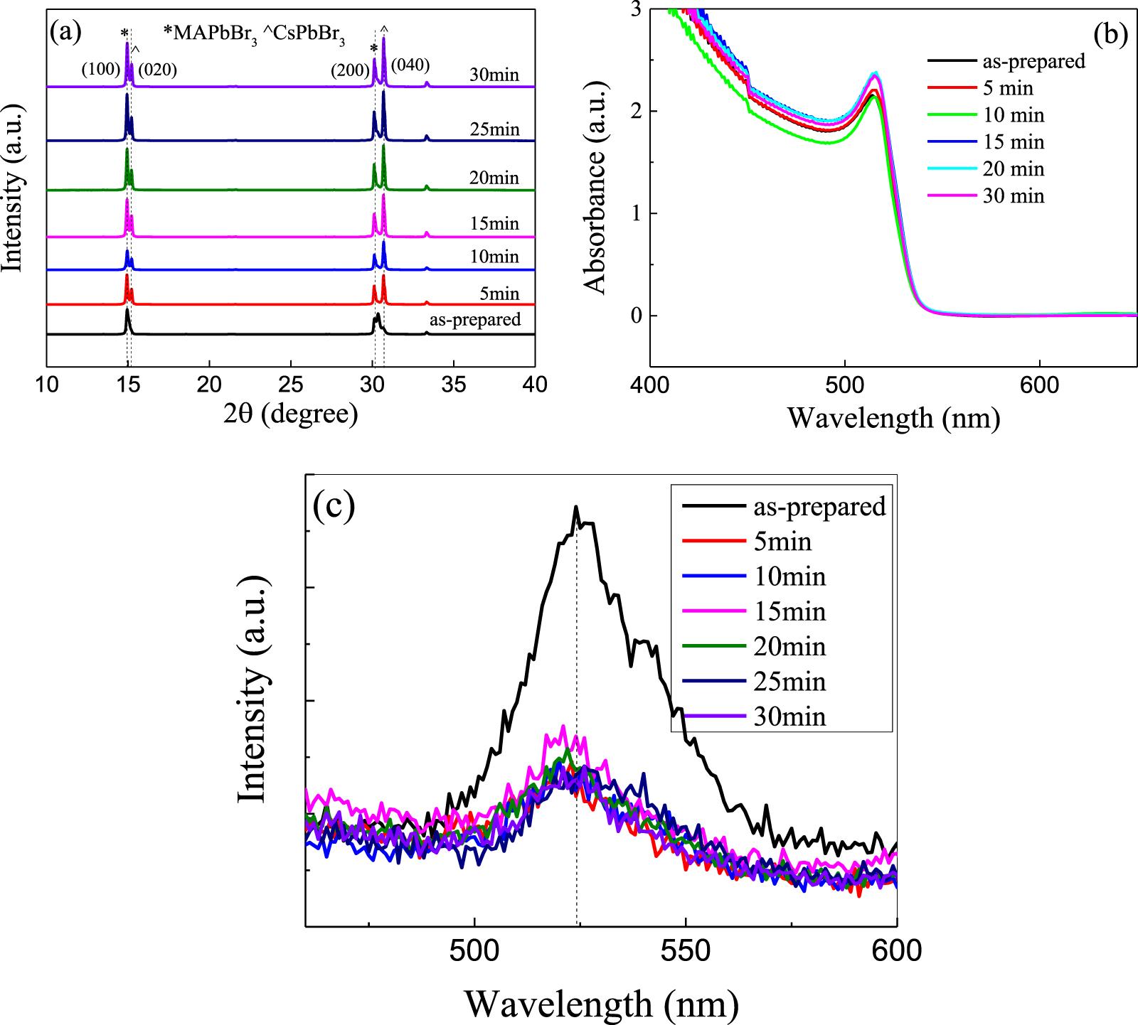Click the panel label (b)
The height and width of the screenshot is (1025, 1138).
click(x=1110, y=33)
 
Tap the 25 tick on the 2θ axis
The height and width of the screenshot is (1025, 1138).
click(x=290, y=385)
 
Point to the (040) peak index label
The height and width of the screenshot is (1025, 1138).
click(x=410, y=65)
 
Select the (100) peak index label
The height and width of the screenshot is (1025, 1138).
click(x=100, y=69)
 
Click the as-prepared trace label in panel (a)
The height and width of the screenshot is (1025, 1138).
click(x=475, y=319)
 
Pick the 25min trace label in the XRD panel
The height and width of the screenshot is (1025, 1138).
click(x=494, y=129)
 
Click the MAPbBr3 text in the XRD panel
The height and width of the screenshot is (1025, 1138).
click(x=211, y=33)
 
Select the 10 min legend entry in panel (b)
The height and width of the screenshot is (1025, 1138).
click(x=1014, y=115)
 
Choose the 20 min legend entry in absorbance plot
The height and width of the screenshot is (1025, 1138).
click(x=1014, y=169)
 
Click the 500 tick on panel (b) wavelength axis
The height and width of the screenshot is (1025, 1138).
click(x=844, y=385)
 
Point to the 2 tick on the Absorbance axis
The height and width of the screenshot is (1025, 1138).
click(x=636, y=112)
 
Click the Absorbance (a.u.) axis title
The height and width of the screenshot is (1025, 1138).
click(x=595, y=187)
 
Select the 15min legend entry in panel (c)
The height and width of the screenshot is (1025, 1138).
click(x=789, y=611)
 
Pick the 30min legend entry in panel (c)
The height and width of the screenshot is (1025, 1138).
click(x=789, y=716)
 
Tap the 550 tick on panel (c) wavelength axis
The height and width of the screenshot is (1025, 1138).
click(x=685, y=950)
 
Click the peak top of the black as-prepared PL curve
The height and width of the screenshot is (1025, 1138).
click(x=575, y=508)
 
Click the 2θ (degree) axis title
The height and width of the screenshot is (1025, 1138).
click(x=290, y=413)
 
